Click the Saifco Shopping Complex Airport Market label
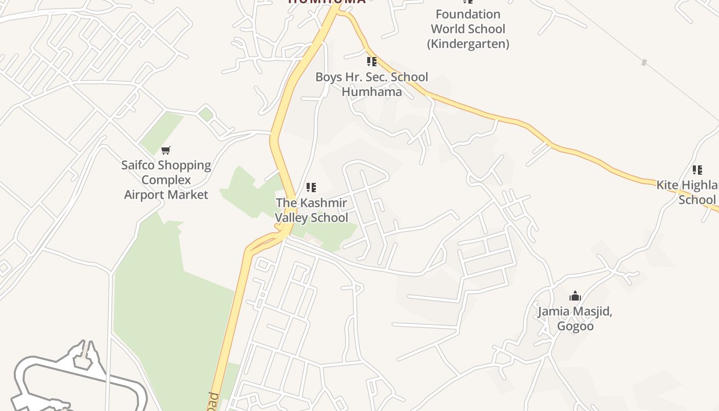coord(166,180)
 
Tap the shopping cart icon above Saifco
coord(165,150)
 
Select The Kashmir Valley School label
coord(311,210)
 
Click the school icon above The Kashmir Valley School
coord(311,188)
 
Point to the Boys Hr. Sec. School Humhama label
coord(371,84)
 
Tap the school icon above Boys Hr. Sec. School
coord(371,62)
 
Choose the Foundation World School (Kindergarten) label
coord(467,29)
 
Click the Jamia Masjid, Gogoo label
coord(575,319)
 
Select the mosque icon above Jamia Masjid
coord(575,296)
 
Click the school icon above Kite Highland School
coord(697,170)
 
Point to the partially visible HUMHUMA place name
coord(327,2)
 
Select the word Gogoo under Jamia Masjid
coord(575,326)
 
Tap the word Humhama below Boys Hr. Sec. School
coord(371,92)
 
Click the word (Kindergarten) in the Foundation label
coord(468,44)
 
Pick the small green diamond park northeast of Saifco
coord(206,114)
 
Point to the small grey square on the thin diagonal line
coord(644,63)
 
